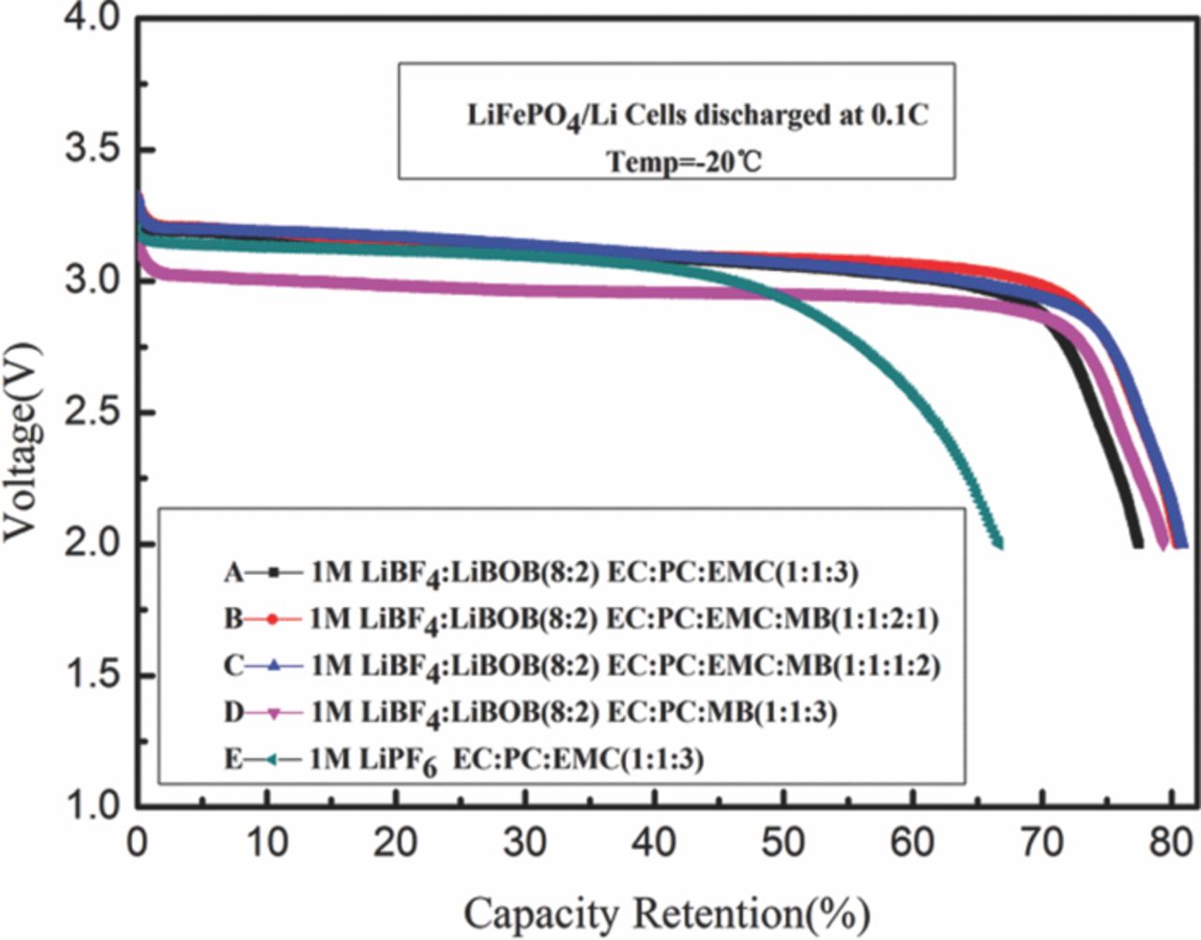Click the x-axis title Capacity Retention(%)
[x=666, y=912]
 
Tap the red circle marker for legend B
[x=273, y=618]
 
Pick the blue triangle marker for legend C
[x=273, y=665]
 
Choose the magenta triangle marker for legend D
[x=273, y=713]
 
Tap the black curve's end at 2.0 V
[x=1137, y=543]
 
